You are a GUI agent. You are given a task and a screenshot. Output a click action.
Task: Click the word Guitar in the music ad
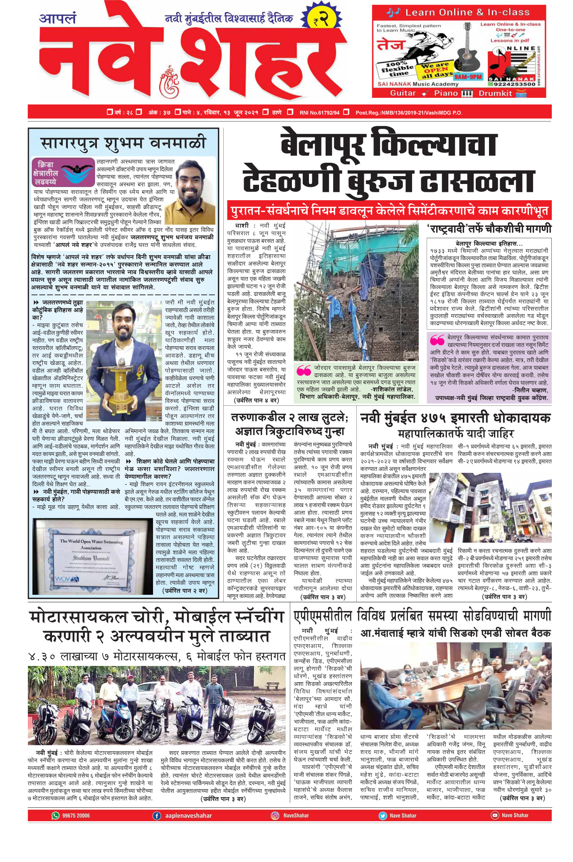[x=403, y=93]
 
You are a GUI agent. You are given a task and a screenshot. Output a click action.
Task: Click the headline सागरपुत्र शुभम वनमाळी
[x=123, y=143]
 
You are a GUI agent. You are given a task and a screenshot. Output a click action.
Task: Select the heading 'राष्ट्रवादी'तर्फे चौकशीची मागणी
[x=489, y=229]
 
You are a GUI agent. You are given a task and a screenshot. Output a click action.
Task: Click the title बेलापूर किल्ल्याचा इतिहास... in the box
[x=489, y=243]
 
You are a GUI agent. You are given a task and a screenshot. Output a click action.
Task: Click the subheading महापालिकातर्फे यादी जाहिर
[x=456, y=435]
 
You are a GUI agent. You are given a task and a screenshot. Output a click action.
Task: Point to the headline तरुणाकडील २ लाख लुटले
[x=289, y=417]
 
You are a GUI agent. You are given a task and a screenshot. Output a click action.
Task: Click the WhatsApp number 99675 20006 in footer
[x=76, y=815]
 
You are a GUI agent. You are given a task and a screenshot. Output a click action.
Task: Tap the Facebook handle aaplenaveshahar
[x=188, y=815]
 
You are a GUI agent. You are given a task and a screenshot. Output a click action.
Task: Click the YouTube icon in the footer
[x=494, y=815]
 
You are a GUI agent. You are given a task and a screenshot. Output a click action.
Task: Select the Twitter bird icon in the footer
[x=383, y=815]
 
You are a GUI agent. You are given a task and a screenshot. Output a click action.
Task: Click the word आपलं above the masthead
[x=58, y=19]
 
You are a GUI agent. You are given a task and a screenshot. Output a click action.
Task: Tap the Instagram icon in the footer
[x=275, y=815]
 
